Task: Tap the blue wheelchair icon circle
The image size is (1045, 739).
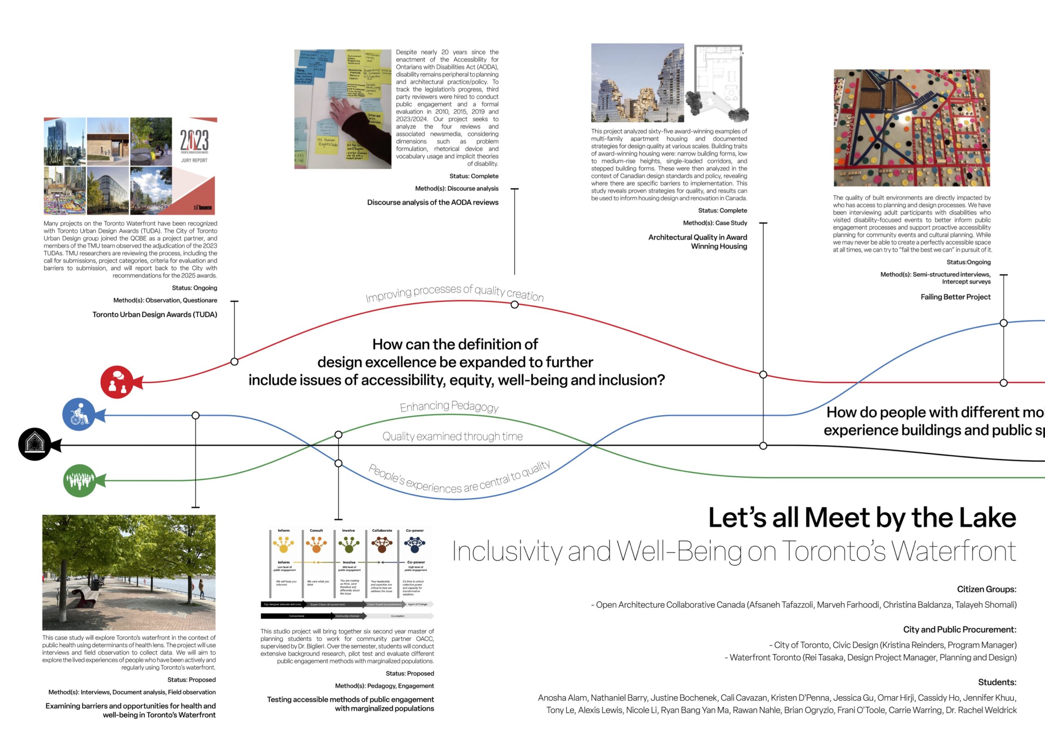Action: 79,415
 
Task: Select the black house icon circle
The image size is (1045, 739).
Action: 35,444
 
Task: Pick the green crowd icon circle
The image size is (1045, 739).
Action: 80,481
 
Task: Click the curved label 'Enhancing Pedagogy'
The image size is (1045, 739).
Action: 449,406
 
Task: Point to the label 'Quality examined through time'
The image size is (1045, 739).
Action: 452,436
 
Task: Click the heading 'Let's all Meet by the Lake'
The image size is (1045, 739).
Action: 862,518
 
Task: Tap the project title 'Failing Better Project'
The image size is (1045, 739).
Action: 955,297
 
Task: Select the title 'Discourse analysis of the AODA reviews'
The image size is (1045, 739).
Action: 432,202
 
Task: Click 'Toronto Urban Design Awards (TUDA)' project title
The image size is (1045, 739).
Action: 155,315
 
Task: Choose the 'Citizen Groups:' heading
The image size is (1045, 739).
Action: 986,589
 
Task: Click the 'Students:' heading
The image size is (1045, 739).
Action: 997,682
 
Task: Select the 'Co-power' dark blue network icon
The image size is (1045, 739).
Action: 415,544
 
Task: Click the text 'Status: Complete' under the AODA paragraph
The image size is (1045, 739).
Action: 474,176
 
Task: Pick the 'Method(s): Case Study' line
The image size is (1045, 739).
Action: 715,223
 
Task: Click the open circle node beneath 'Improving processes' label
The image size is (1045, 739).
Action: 514,304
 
